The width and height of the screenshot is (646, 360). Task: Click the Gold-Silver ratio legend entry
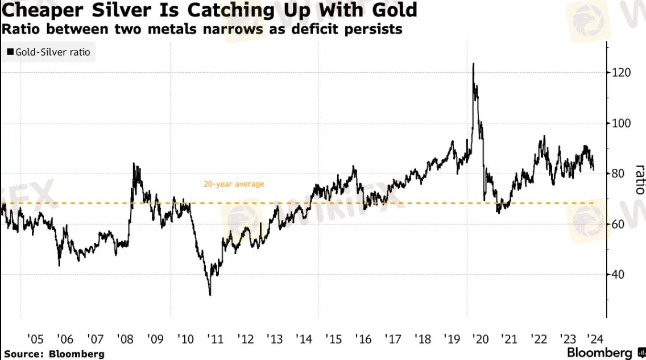[x=48, y=52]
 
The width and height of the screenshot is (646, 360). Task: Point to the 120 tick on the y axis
[x=621, y=72]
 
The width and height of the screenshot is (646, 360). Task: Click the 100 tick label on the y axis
[x=621, y=123]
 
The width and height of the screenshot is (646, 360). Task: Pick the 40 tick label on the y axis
[x=618, y=274]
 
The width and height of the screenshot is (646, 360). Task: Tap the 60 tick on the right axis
[x=618, y=224]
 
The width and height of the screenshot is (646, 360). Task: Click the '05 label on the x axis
[x=35, y=339]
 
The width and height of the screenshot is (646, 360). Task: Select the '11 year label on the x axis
[x=215, y=339]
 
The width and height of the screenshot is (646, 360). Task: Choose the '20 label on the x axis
[x=481, y=339]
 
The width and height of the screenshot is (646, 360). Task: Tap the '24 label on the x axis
[x=595, y=339]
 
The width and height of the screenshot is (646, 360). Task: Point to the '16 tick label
[x=363, y=339]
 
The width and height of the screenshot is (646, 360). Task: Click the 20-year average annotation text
[x=234, y=184]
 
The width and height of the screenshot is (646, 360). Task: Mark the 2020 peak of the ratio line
[x=473, y=64]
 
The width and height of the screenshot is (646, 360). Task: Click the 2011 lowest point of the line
[x=210, y=295]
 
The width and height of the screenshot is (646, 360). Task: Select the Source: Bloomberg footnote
[x=55, y=354]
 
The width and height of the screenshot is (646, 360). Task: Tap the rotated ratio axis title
[x=640, y=180]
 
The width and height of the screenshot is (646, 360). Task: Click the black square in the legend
[x=10, y=52]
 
